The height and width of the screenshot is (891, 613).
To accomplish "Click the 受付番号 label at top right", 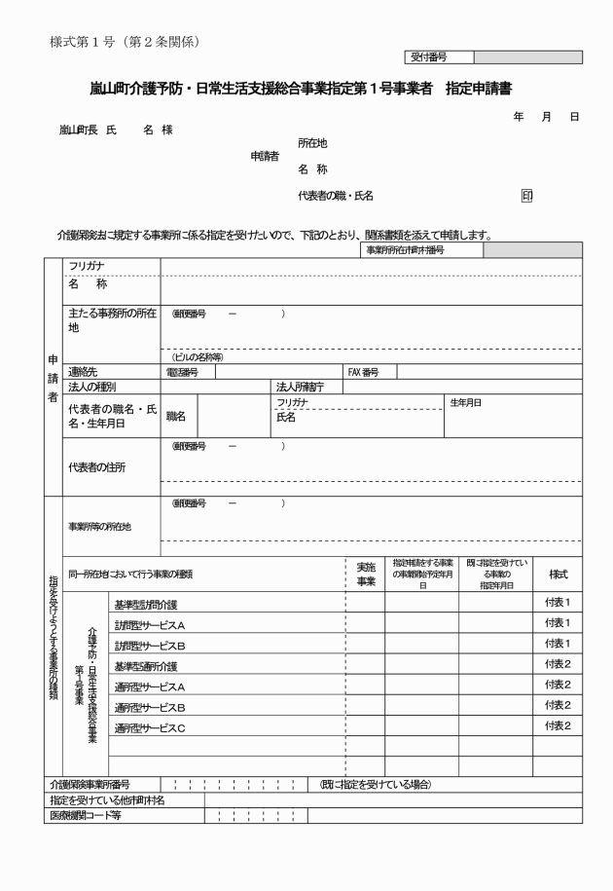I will [x=429, y=57].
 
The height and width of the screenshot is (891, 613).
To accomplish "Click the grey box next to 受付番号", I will [x=526, y=57].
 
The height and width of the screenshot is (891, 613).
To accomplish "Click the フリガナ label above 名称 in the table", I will [x=87, y=265].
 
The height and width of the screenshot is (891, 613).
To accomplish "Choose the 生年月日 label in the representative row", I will [x=465, y=401].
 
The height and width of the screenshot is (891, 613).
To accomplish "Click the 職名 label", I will [x=176, y=416].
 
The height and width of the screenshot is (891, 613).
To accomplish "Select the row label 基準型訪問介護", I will [x=146, y=605].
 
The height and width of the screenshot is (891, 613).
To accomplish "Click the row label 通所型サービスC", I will [x=150, y=726].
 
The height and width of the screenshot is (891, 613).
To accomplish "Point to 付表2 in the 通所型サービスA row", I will [x=557, y=686].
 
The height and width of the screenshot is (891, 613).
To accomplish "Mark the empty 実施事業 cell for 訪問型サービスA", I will [x=365, y=624].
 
